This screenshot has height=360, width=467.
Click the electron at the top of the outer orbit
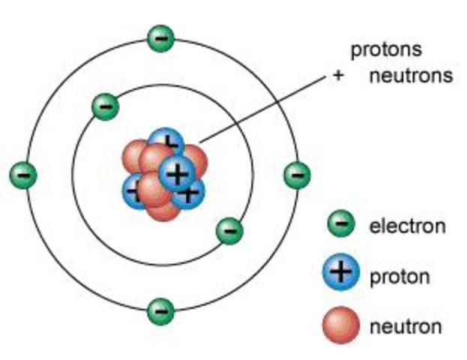pos(160,38)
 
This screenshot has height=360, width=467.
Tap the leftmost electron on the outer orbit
pos(22,175)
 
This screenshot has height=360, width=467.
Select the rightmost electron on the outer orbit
pos(297,175)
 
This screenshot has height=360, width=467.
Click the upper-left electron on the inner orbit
pos(105,106)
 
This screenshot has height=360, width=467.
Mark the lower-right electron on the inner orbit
pos(229,230)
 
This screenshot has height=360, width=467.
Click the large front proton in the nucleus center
pos(177,173)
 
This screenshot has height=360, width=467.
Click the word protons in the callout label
pos(386,50)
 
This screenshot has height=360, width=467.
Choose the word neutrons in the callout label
pos(410,76)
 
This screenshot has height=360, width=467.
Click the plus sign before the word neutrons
pos(338,76)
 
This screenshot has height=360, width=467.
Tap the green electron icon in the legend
pos(341,223)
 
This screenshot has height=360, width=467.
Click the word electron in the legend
pos(407,225)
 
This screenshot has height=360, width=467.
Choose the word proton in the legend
pos(400,276)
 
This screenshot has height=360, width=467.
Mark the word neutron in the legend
pos(405,326)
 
